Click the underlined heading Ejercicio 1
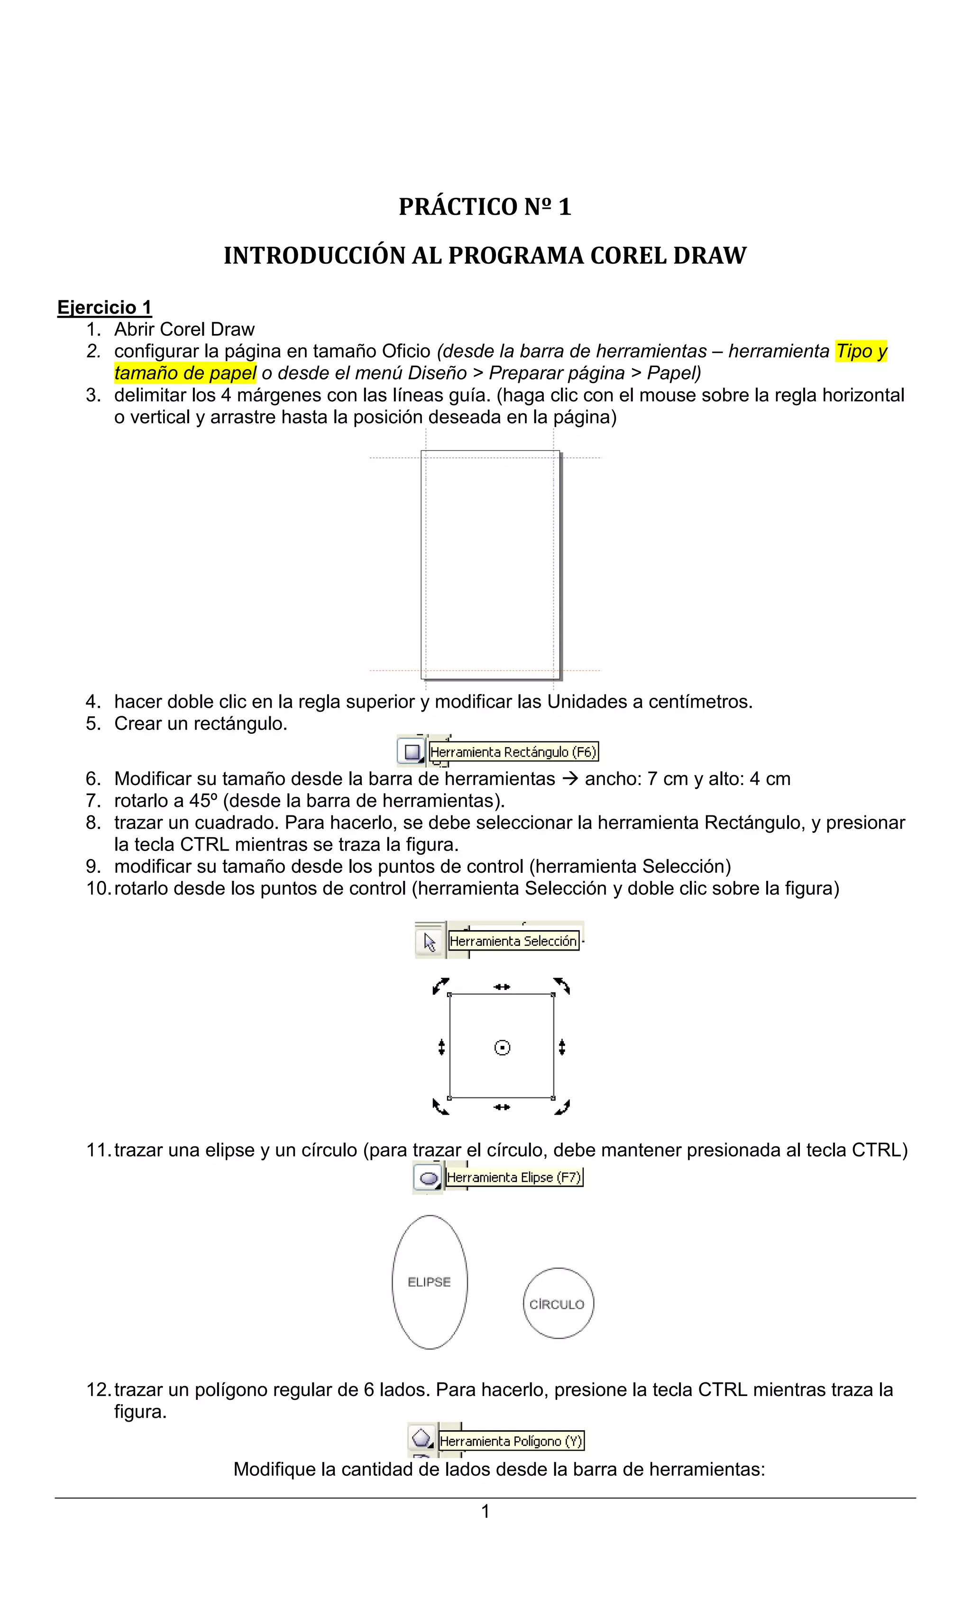tap(104, 307)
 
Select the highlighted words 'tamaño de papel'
tap(185, 373)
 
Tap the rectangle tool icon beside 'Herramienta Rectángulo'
tap(412, 752)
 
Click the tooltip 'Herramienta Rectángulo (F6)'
tap(513, 752)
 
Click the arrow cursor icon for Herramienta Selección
tap(429, 942)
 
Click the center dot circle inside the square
tap(502, 1047)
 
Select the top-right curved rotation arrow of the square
tap(562, 986)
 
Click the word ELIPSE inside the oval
tap(429, 1282)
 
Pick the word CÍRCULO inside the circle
tap(557, 1304)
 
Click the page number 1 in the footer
tap(485, 1512)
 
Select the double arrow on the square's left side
tap(441, 1047)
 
